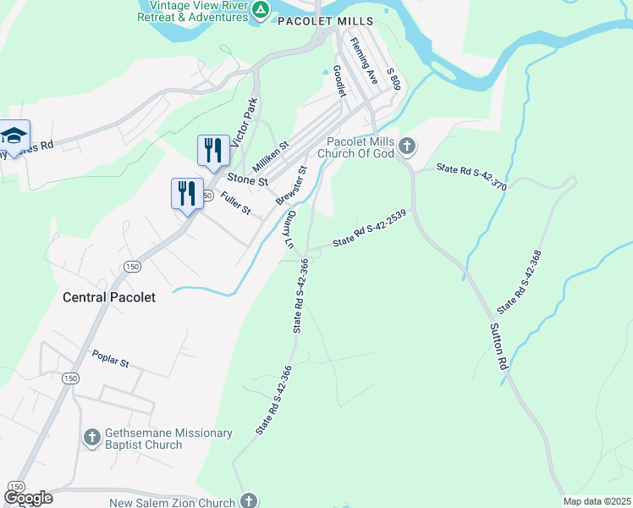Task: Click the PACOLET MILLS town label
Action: (x=325, y=21)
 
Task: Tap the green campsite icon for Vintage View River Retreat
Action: (x=261, y=10)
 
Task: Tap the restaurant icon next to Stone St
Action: (x=212, y=150)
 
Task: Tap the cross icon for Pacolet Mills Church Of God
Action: (x=407, y=147)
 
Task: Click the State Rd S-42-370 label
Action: (x=471, y=176)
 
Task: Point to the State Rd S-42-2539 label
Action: (x=370, y=228)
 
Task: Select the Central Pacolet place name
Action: (x=108, y=297)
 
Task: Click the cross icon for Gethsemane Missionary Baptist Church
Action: (x=92, y=438)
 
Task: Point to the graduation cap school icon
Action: (x=14, y=135)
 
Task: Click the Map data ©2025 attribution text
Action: (x=597, y=501)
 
